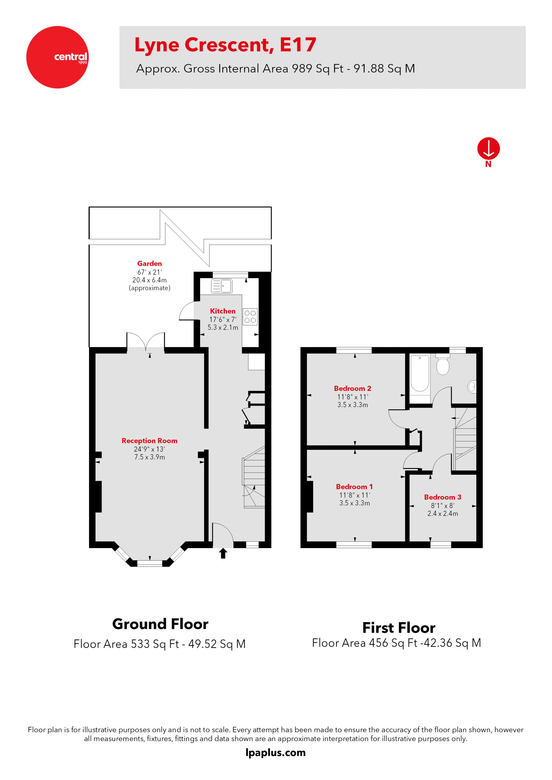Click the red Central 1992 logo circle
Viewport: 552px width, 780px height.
[57, 57]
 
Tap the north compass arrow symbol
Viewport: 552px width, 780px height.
[488, 148]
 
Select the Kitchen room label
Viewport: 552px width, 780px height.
[222, 311]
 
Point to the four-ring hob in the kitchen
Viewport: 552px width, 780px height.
[250, 317]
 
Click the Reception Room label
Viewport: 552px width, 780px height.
[149, 441]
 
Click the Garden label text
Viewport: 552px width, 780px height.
[149, 263]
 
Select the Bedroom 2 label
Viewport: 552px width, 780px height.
[352, 388]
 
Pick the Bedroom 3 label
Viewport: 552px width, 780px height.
[443, 497]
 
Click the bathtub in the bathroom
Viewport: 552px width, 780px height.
[420, 374]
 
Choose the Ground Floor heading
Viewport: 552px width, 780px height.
[160, 624]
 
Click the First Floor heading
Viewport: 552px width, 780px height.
[399, 628]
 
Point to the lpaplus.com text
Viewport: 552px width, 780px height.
[275, 753]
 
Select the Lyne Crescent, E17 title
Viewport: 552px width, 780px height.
[225, 45]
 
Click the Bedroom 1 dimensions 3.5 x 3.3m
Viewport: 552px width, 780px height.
[354, 503]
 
